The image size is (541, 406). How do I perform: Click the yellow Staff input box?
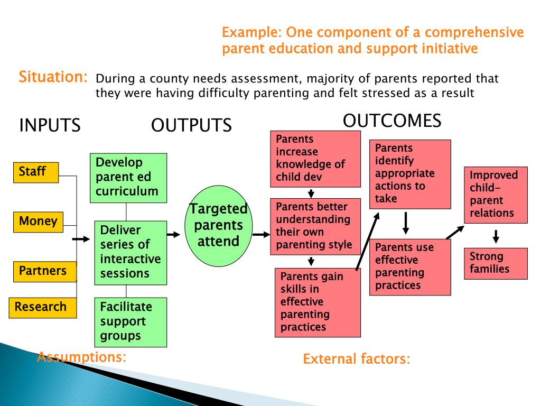[36, 172]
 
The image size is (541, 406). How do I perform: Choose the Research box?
[43, 307]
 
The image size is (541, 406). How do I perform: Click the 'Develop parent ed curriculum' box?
[128, 178]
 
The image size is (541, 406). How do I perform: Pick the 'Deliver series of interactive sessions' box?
[130, 252]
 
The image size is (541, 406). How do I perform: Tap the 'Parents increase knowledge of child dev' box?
[311, 159]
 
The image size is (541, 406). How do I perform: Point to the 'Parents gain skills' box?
[317, 302]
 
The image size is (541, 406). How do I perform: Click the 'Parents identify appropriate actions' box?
[409, 174]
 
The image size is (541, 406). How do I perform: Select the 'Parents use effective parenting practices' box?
[409, 267]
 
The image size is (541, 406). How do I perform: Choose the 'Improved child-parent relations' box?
[496, 195]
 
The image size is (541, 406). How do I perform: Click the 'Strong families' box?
[496, 263]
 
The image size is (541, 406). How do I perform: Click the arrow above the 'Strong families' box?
[496, 236]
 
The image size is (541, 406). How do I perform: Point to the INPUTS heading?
[50, 126]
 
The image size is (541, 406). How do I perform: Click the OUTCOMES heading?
[391, 121]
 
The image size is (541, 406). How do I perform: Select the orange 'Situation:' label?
[53, 77]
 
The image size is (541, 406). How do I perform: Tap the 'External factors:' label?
[356, 359]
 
